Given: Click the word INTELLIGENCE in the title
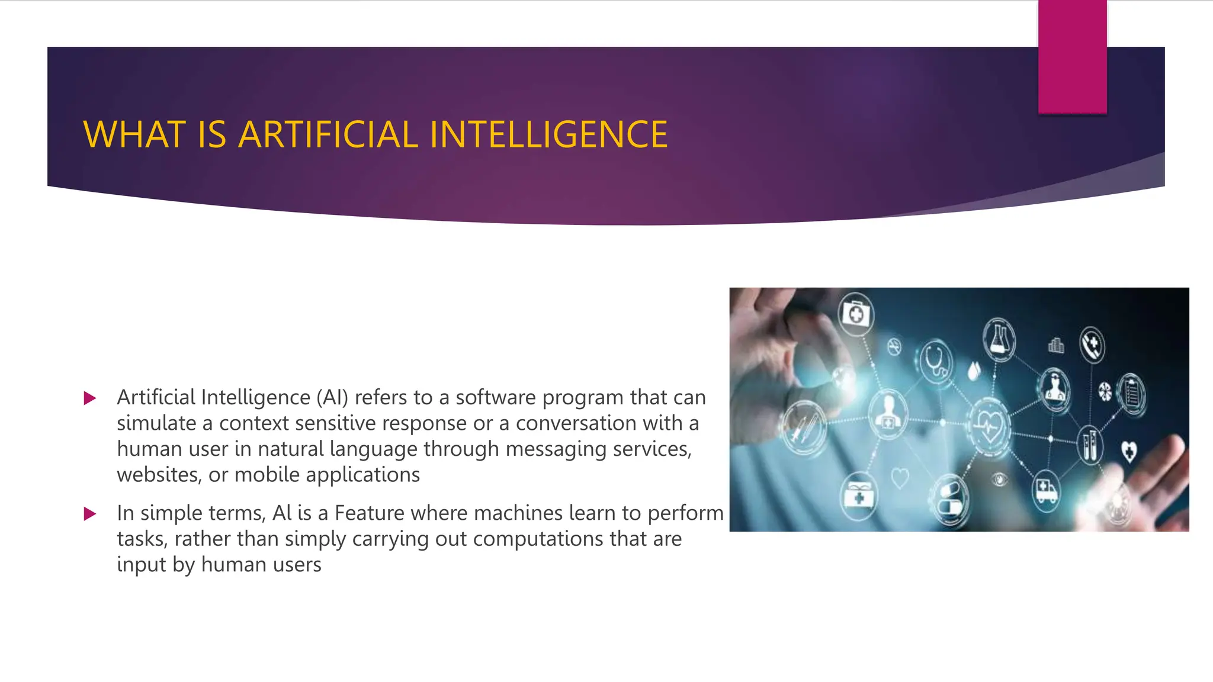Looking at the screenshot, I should (548, 134).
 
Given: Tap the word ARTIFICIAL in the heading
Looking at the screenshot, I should (328, 134).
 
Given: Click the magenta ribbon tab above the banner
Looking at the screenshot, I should (1072, 57).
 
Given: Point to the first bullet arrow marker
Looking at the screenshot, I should (90, 398).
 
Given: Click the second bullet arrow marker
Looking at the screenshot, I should (90, 513).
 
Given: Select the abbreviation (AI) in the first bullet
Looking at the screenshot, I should (332, 397).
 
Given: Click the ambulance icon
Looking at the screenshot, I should (1046, 490).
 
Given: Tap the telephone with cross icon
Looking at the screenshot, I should (1092, 343).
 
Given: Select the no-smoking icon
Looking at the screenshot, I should (894, 346).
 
